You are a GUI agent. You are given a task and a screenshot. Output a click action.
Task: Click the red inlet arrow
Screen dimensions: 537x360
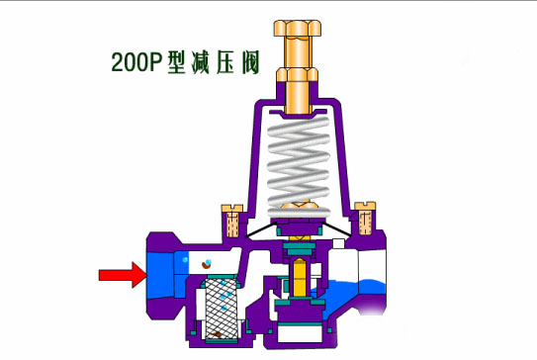point(124,275)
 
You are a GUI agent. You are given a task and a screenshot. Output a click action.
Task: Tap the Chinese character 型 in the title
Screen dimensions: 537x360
point(177,62)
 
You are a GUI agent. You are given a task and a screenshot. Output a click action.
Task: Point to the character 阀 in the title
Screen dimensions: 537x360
point(250,62)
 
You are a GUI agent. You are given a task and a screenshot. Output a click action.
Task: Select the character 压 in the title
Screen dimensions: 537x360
point(225,62)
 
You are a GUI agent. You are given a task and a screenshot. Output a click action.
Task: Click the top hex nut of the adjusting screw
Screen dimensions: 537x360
point(298,28)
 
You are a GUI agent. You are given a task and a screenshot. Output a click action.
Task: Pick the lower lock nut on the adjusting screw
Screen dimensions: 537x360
point(298,75)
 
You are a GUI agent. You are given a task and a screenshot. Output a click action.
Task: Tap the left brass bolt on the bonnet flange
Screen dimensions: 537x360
point(232,221)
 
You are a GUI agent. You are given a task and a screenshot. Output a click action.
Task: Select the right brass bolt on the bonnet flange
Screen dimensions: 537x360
point(365,219)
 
